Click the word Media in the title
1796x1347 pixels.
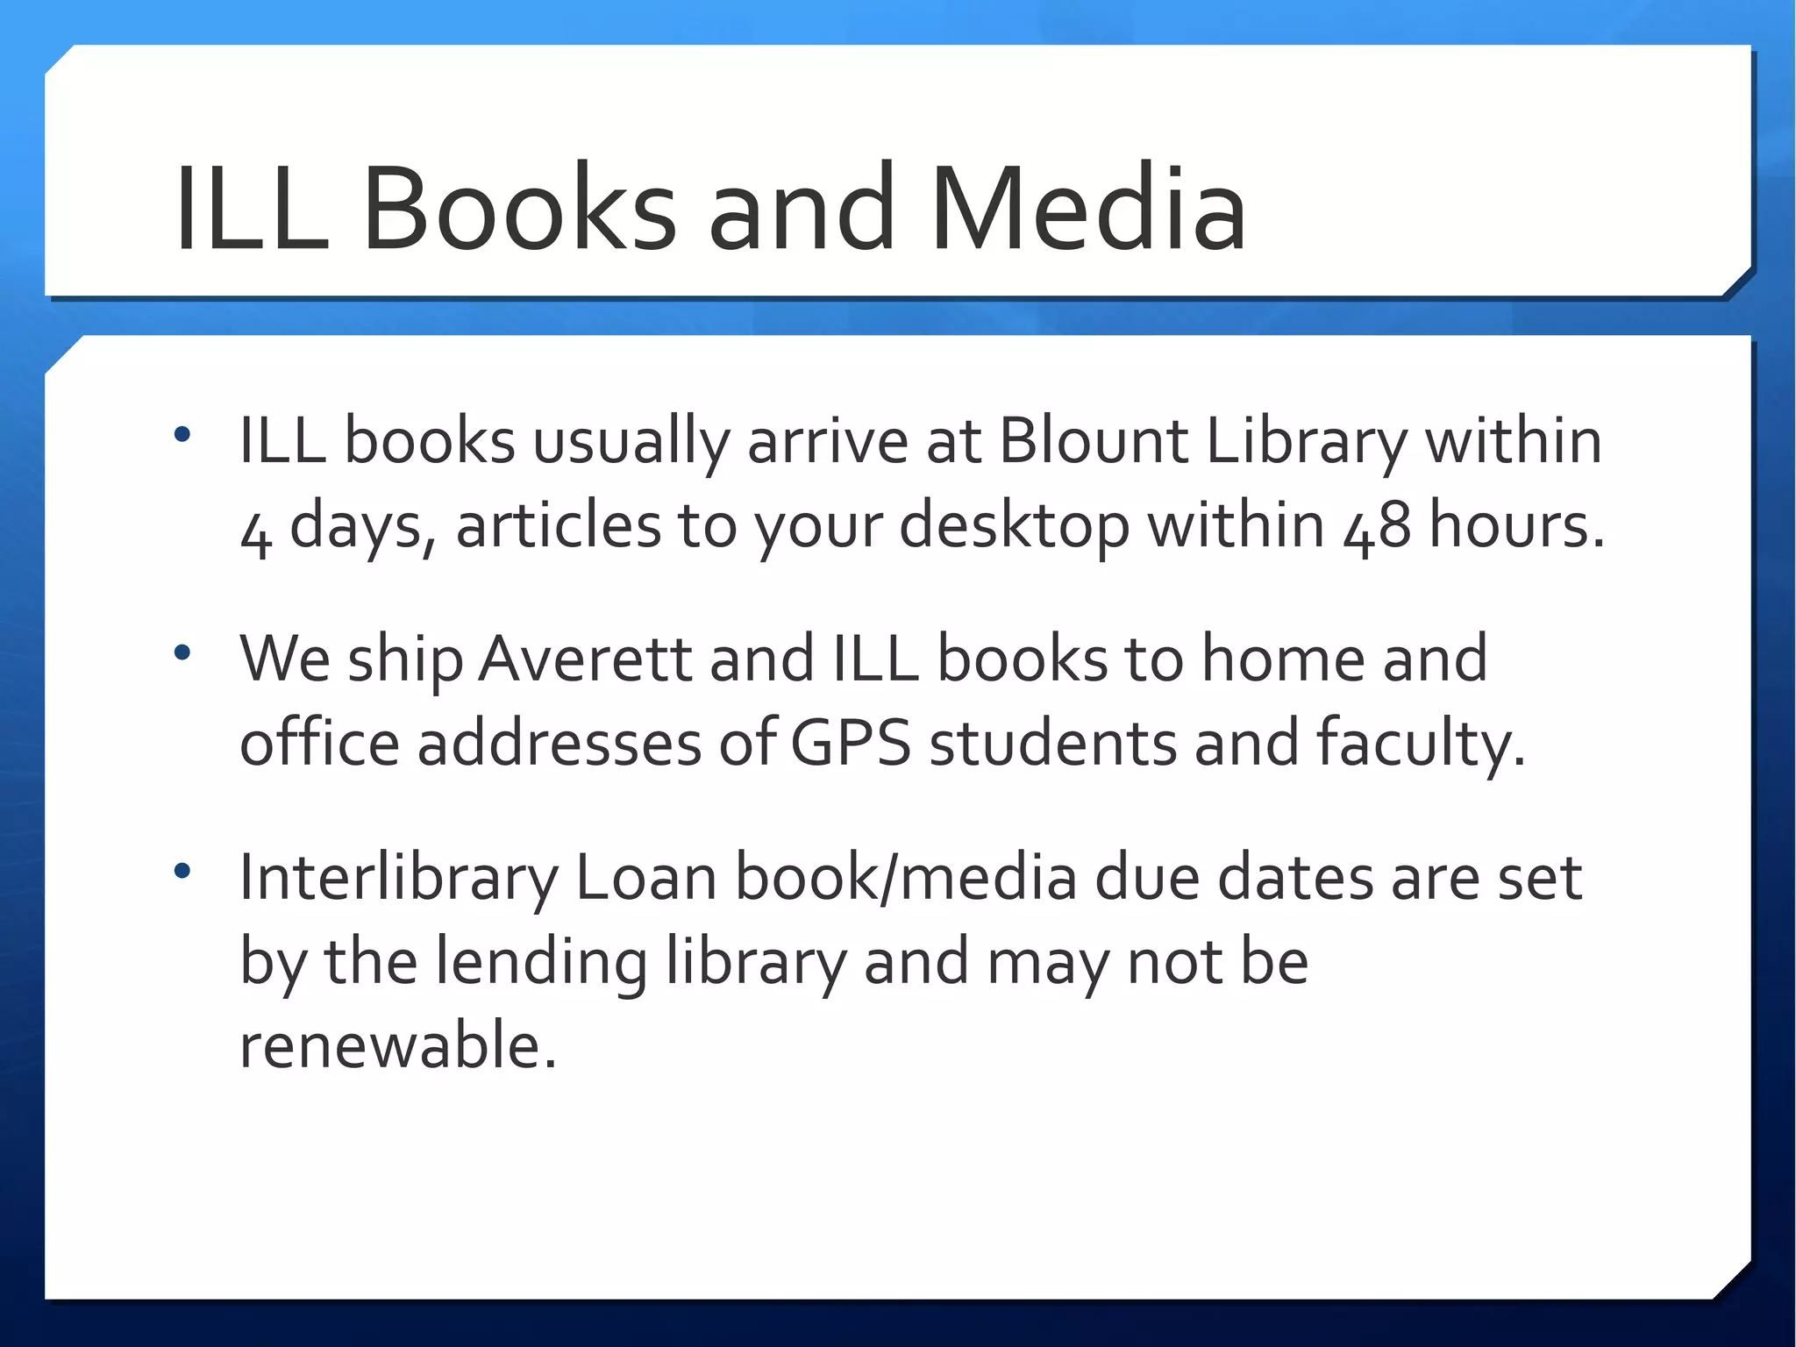click(1087, 210)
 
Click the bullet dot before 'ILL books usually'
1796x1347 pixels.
click(182, 434)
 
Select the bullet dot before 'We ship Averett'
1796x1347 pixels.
click(182, 652)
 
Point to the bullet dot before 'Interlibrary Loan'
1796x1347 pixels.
click(182, 871)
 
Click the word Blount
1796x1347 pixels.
click(1093, 440)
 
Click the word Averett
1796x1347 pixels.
click(587, 659)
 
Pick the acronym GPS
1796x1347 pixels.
click(850, 744)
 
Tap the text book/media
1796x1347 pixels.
click(906, 877)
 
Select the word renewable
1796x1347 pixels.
click(398, 1045)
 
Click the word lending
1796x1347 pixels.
click(541, 963)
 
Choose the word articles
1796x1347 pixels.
click(559, 526)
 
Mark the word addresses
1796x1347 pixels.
click(559, 744)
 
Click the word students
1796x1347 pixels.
click(1052, 744)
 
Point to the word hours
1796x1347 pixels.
click(1517, 526)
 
